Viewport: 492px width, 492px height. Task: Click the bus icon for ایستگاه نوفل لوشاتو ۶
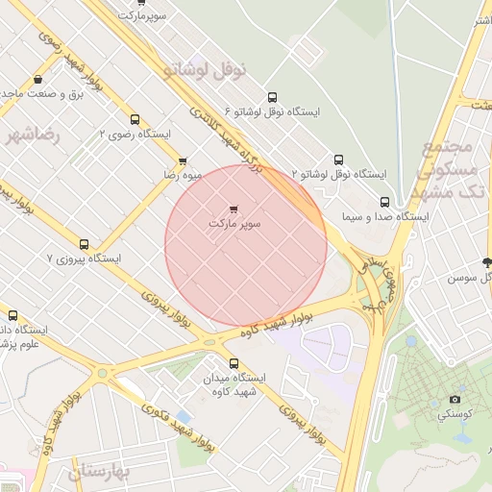coord(273,97)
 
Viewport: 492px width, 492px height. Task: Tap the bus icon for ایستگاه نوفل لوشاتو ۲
coord(338,160)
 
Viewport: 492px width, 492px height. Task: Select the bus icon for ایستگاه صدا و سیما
coord(385,202)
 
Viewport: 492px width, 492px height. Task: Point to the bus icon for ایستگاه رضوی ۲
coord(135,120)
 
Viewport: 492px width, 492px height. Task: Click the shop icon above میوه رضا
coord(183,160)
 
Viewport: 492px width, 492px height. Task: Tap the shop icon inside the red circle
coord(234,209)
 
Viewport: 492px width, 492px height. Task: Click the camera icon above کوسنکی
coord(455,400)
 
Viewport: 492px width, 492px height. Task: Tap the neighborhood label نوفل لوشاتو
coord(206,70)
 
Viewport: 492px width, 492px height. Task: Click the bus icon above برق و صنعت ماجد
coord(37,80)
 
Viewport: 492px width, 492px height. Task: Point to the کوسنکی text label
coord(455,415)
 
